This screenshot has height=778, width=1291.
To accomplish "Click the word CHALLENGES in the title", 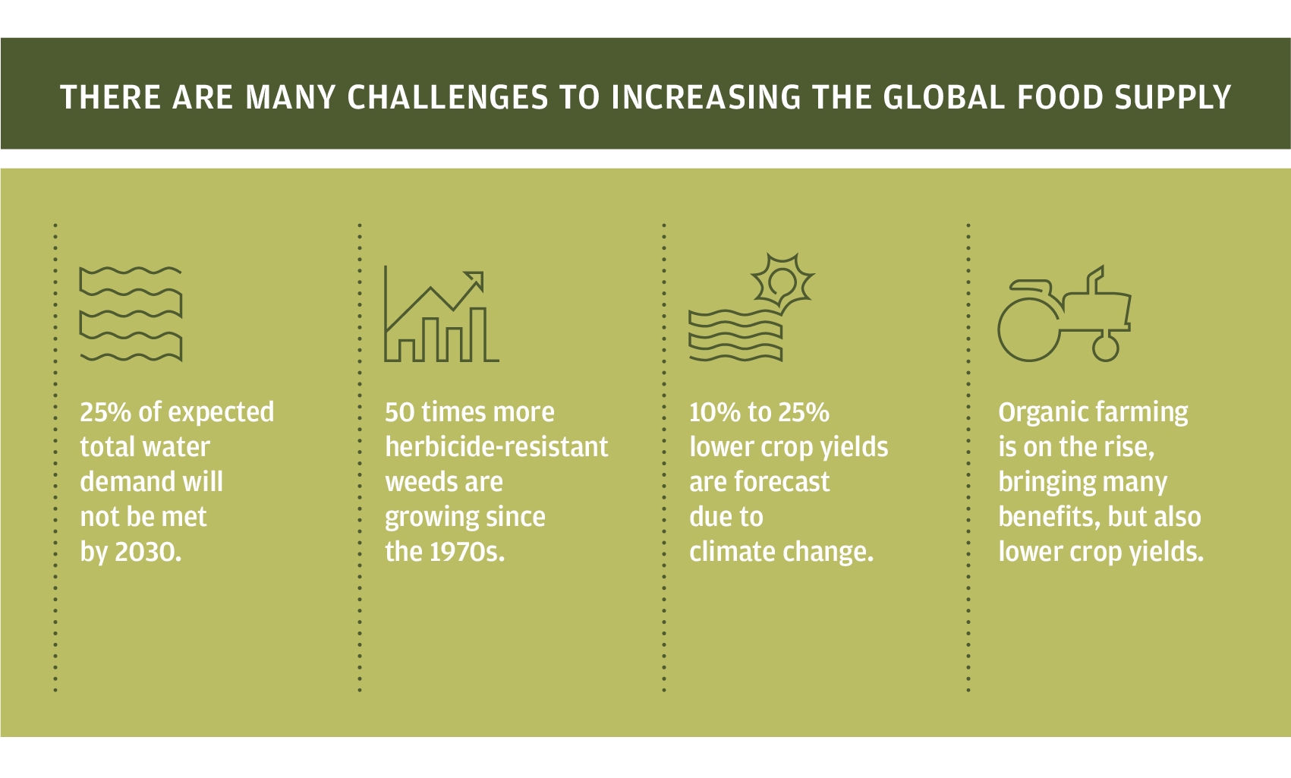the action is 447,97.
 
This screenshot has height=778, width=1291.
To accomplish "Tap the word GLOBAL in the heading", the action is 944,97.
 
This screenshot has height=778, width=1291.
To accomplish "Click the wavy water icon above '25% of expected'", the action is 131,314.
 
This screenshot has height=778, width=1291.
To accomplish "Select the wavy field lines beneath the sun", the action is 735,336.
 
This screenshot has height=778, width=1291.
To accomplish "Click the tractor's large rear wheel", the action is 1028,329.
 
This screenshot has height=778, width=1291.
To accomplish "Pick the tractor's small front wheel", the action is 1105,348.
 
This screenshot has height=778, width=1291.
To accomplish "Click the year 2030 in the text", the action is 148,552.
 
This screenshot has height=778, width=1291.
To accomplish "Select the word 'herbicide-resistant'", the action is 496,446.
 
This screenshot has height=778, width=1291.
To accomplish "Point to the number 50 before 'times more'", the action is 399,412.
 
